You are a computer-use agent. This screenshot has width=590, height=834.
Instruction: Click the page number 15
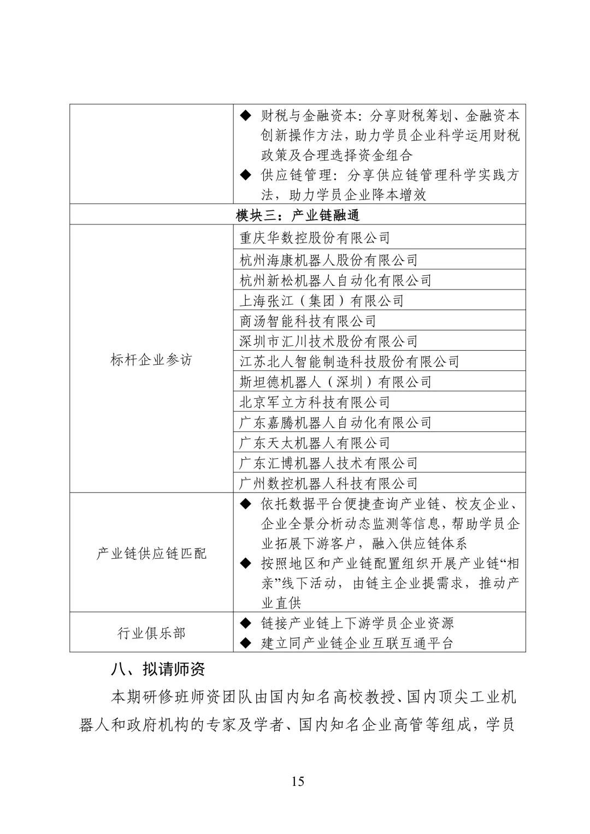click(x=298, y=781)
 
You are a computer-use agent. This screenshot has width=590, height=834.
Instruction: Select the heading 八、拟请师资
click(x=158, y=670)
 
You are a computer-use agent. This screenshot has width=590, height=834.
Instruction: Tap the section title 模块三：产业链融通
click(x=298, y=215)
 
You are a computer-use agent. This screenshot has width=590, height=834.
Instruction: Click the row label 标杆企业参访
click(x=151, y=360)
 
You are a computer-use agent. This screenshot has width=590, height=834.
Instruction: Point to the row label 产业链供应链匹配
click(x=151, y=553)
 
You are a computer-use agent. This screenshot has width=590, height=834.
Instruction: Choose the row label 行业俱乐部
click(x=151, y=633)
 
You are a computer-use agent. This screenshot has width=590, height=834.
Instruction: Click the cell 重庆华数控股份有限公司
click(x=315, y=238)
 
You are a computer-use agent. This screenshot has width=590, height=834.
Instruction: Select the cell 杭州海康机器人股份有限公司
click(x=329, y=260)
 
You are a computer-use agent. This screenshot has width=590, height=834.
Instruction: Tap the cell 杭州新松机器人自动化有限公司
click(x=335, y=280)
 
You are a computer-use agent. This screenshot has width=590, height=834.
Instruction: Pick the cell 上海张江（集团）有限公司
click(x=322, y=300)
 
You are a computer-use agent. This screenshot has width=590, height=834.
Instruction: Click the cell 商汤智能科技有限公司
click(x=308, y=321)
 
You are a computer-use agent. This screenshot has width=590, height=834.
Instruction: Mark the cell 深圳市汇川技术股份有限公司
click(x=329, y=341)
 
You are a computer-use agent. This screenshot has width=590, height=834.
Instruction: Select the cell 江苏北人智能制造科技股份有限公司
click(x=350, y=362)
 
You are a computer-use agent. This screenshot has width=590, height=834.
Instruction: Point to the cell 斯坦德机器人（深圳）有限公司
click(x=335, y=382)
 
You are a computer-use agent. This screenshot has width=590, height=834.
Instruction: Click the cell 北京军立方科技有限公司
click(x=315, y=403)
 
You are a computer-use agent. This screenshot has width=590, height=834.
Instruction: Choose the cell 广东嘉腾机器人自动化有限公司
click(x=335, y=423)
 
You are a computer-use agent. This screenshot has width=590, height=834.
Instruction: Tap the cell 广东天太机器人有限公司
click(x=315, y=443)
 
